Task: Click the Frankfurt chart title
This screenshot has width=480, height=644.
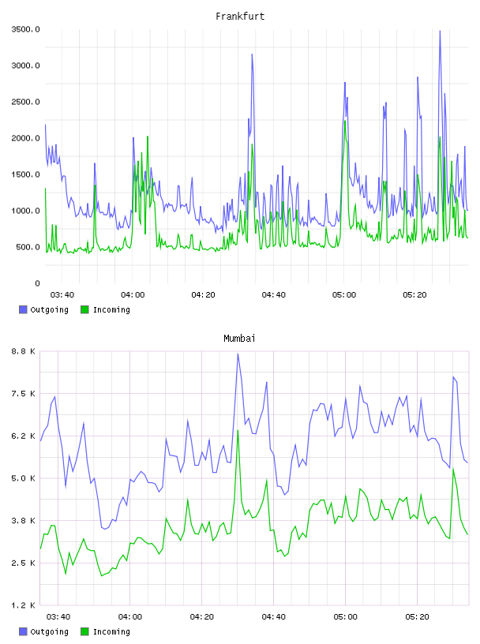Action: (240, 17)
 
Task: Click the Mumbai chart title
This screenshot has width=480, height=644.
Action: (239, 339)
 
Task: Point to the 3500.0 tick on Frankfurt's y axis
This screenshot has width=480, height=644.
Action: (26, 29)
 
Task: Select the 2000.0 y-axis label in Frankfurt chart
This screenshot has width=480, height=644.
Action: (26, 138)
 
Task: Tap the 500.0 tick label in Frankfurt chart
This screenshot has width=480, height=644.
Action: (28, 247)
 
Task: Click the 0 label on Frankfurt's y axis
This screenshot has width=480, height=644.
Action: (37, 283)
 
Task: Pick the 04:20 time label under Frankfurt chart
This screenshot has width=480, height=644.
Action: (203, 294)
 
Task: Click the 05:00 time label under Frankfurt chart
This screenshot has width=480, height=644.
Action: (344, 294)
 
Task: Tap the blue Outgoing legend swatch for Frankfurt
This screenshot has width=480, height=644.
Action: (23, 309)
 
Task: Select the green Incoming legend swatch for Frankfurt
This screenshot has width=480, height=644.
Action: (84, 309)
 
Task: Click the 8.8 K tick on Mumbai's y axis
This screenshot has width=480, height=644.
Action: (24, 351)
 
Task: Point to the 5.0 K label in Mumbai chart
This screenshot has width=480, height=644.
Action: (24, 478)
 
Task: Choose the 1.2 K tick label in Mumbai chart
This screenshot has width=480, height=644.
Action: (24, 605)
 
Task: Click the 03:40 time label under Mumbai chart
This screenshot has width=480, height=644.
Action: (58, 616)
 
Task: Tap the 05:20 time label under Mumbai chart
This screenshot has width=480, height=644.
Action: (417, 616)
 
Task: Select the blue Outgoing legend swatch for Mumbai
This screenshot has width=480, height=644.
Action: (23, 631)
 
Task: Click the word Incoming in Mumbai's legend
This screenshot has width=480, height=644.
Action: (111, 631)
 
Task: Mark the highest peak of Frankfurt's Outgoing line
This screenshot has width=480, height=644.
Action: (440, 31)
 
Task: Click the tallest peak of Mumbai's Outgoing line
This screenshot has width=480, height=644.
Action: (238, 354)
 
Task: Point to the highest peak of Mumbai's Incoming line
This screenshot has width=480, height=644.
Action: (238, 430)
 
